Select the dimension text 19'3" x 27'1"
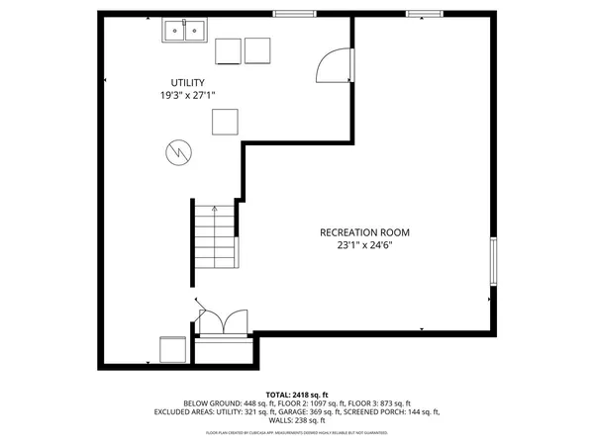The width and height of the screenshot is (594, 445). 188,96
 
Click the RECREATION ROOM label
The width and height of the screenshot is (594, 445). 364,232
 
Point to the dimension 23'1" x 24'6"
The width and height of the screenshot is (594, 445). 364,246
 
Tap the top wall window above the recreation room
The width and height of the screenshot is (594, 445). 423,14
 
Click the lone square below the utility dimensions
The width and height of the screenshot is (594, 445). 225,121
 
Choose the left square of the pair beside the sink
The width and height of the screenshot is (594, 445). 228,51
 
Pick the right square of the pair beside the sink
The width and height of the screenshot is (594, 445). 257,51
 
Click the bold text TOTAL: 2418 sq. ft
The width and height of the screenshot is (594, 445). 297,394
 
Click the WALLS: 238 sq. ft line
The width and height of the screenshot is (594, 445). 297,421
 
